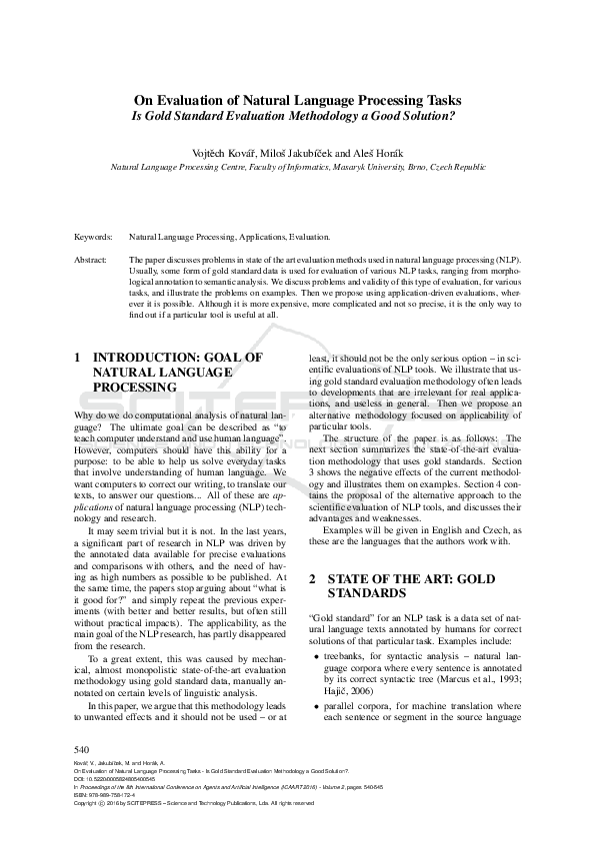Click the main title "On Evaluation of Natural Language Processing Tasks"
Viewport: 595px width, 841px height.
(x=297, y=100)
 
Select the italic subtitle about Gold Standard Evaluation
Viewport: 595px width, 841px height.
(x=297, y=115)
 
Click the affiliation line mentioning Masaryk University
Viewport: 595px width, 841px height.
(x=297, y=169)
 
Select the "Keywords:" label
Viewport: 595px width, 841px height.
(x=94, y=238)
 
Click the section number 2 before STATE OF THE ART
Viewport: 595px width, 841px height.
(x=311, y=579)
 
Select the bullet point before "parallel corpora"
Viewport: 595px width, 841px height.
(x=317, y=706)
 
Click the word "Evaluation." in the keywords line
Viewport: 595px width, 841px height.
(x=309, y=238)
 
